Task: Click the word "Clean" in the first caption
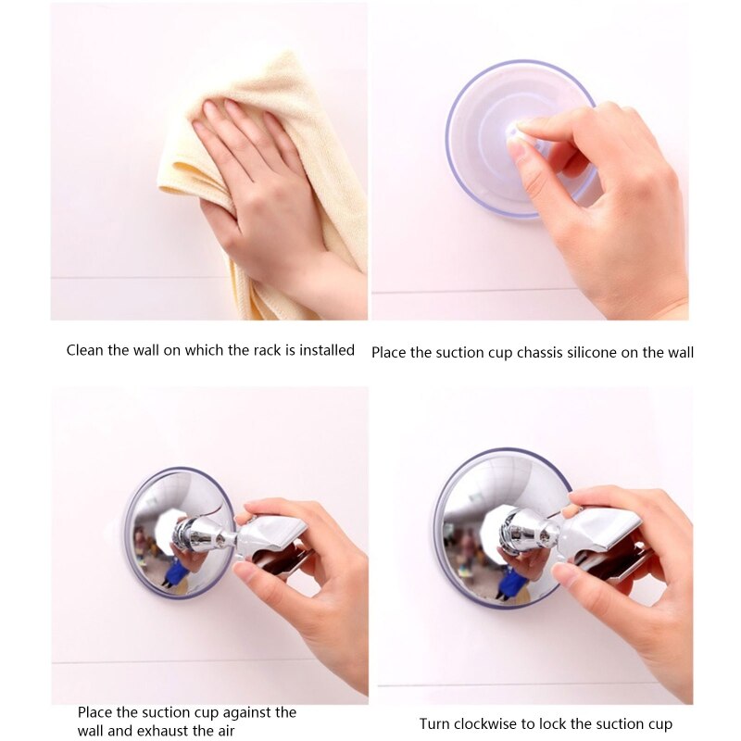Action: click(x=84, y=350)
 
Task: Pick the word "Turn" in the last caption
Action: click(x=435, y=723)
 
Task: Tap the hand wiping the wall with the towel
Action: click(x=259, y=185)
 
